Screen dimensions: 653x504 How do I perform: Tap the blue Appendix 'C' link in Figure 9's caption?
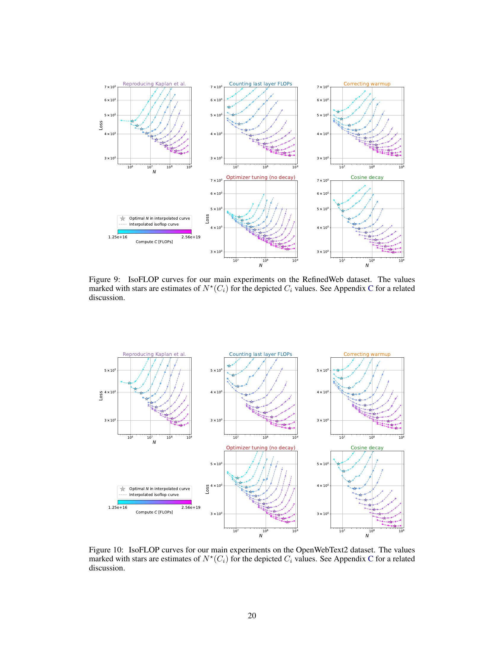(371, 288)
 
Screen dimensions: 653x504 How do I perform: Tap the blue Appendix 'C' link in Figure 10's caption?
(371, 559)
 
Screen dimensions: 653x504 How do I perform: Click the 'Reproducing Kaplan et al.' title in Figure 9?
(154, 84)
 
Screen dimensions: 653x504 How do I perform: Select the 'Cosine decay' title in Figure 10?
(367, 448)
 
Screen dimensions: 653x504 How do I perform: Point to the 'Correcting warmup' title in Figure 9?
(367, 84)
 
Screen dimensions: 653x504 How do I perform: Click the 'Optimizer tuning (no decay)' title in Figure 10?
(260, 448)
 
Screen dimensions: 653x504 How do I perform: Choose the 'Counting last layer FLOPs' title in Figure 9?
(260, 84)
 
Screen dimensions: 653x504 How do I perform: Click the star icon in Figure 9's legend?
(122, 218)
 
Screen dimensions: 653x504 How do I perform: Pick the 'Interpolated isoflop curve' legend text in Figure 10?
(154, 494)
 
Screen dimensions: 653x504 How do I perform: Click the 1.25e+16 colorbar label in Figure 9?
(118, 237)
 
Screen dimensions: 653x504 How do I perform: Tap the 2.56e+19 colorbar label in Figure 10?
(191, 507)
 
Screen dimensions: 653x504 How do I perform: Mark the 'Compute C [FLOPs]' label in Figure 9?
(154, 242)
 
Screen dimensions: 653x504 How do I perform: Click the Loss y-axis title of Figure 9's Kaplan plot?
(101, 125)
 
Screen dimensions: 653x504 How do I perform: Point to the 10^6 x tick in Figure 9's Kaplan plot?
(130, 167)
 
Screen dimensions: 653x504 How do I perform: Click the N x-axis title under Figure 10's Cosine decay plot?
(367, 535)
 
